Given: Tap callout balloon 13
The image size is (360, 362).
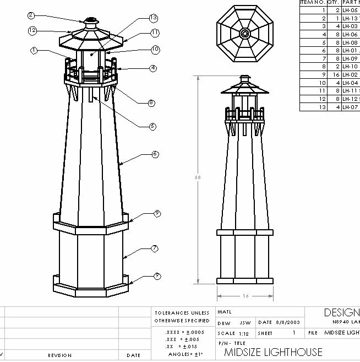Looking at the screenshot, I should (154, 18).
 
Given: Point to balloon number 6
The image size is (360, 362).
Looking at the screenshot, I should (155, 154).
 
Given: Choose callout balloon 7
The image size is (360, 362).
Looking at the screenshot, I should (156, 247).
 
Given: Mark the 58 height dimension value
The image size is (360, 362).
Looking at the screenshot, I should (198, 178).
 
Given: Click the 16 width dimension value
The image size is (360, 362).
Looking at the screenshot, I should (246, 296).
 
